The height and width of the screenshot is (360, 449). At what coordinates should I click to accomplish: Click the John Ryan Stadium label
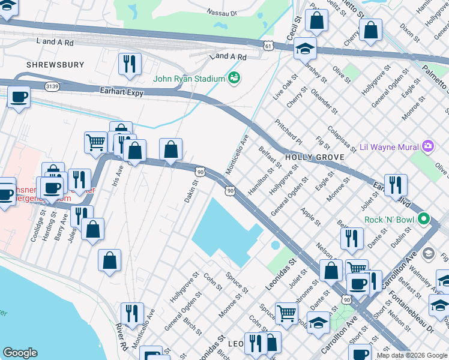(x=189, y=79)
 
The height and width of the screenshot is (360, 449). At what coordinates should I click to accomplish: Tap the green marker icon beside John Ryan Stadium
(x=234, y=78)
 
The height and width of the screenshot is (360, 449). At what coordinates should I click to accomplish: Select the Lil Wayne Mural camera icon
(x=427, y=146)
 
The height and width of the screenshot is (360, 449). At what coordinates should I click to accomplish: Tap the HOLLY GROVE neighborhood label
(x=314, y=157)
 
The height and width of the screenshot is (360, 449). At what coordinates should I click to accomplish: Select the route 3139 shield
(x=53, y=86)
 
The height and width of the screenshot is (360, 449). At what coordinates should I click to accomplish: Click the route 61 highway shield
(x=268, y=45)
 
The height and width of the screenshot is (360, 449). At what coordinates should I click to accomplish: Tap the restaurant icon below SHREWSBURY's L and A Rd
(x=130, y=64)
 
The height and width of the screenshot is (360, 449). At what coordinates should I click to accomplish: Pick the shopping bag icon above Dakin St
(x=171, y=150)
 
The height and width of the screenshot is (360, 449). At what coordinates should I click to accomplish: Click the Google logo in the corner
(x=20, y=353)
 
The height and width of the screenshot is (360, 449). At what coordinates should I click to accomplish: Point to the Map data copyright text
(x=412, y=355)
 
